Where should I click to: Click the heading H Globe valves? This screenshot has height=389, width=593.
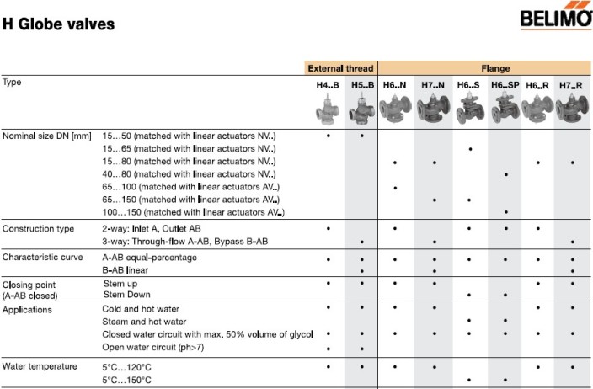coord(58,24)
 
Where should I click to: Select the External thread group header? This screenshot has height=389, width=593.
coord(340,68)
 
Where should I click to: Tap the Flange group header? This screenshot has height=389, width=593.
coord(483,68)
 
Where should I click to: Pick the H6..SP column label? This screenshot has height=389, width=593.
coord(506,85)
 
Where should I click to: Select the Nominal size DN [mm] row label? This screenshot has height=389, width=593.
coord(47,136)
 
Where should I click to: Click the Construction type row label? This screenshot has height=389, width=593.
coord(39,229)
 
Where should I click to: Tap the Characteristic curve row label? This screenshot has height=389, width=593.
coord(42,257)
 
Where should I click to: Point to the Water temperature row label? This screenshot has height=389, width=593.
coord(40,366)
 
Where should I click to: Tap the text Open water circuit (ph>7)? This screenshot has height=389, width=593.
coord(153,347)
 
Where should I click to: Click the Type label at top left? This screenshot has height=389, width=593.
coord(13,83)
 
